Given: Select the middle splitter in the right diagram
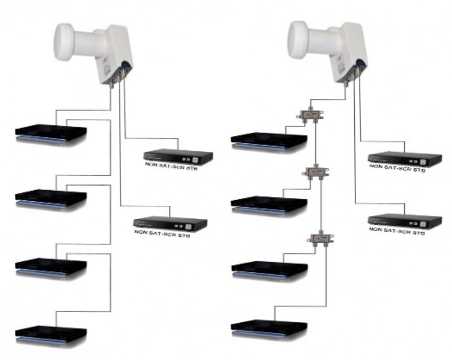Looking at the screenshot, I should click(x=316, y=173).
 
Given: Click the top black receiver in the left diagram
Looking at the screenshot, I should click(x=50, y=134).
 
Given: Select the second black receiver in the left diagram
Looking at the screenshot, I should click(x=50, y=198).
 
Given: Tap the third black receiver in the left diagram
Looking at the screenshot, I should click(x=50, y=267).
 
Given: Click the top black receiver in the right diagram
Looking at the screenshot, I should click(x=269, y=140).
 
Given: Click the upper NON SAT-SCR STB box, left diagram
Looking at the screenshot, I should click(x=178, y=157).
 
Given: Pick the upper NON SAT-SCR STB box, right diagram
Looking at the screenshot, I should click(x=405, y=158).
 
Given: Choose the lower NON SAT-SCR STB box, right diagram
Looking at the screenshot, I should click(x=405, y=221).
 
